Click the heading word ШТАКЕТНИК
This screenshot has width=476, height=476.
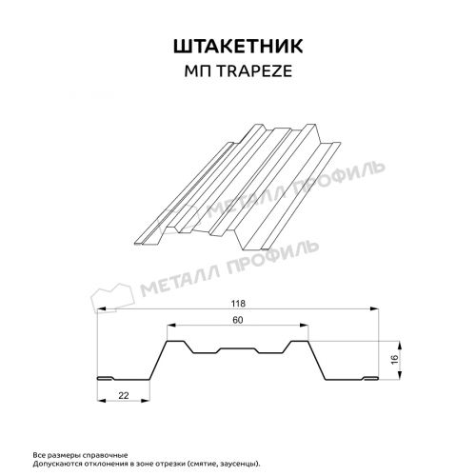[x=238, y=47]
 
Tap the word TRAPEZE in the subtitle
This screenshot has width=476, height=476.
[x=255, y=71]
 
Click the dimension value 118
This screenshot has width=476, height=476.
[x=238, y=304]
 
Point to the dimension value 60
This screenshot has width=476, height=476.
[x=238, y=320]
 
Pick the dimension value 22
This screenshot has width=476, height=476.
[x=124, y=395]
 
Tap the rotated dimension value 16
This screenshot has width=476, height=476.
[x=394, y=360]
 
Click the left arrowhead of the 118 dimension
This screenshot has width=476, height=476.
[x=101, y=308]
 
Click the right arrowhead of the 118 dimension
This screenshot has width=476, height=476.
[x=374, y=308]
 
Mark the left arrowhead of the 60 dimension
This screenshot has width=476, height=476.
[x=171, y=325]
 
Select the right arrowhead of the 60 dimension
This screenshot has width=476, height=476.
[x=304, y=325]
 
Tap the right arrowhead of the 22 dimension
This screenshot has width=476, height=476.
[x=146, y=401]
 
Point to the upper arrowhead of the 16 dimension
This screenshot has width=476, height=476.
[x=400, y=346]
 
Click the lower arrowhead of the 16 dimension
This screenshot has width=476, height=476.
[x=400, y=375]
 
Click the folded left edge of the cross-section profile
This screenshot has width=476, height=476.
[x=106, y=378]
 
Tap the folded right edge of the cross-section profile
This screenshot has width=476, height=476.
[x=370, y=378]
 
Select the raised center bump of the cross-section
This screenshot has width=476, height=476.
[x=238, y=349]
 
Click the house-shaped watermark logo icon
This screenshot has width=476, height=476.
[x=112, y=297]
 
